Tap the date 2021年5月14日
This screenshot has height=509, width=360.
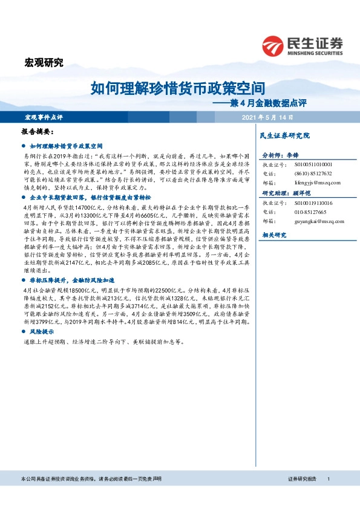point(267,117)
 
